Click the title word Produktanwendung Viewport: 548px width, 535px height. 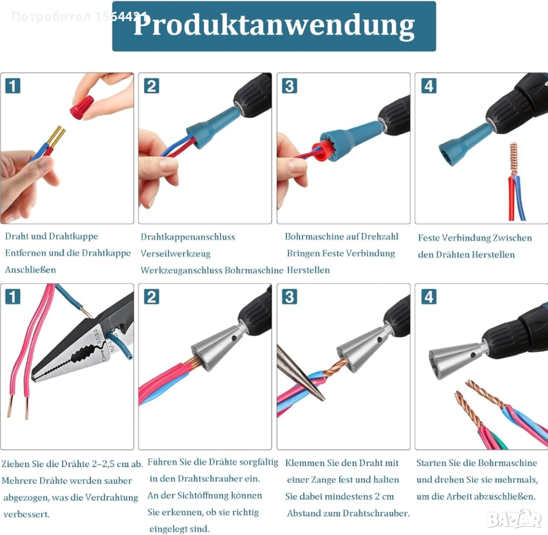tap(274, 26)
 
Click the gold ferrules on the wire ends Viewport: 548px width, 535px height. tap(56, 136)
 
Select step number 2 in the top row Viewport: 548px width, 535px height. tap(152, 86)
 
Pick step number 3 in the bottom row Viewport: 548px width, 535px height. tap(290, 297)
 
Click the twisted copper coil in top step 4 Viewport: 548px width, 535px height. tap(513, 158)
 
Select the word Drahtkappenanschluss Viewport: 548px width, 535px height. tap(188, 237)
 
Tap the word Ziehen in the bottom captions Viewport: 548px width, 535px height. tap(16, 464)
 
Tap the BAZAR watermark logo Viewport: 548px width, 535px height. tap(514, 518)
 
